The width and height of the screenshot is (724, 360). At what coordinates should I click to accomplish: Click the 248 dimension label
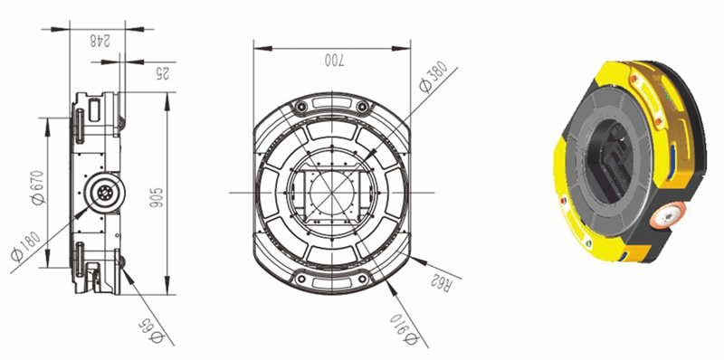tap(100, 42)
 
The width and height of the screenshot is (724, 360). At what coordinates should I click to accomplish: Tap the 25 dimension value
tap(162, 73)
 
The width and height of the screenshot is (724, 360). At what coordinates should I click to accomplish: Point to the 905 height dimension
tap(157, 197)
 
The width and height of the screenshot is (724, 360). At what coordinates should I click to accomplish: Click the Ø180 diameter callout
tap(26, 246)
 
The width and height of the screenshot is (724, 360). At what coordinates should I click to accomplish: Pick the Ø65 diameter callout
tap(151, 332)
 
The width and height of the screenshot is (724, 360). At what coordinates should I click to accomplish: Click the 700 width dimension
tap(335, 60)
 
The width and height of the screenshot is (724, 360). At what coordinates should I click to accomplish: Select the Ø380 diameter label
tap(433, 77)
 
